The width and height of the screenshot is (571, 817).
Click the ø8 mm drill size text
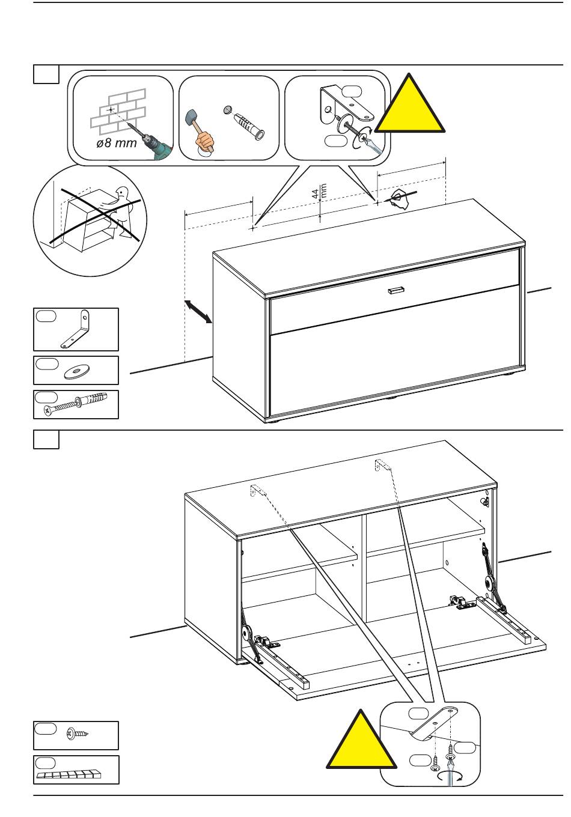point(117,144)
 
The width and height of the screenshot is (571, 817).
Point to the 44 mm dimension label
point(319,192)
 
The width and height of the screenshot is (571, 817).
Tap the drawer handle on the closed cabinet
point(397,290)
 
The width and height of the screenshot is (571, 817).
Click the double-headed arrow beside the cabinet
point(198,312)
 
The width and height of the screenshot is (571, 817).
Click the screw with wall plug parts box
point(76,404)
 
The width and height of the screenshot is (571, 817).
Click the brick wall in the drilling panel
point(119,111)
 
